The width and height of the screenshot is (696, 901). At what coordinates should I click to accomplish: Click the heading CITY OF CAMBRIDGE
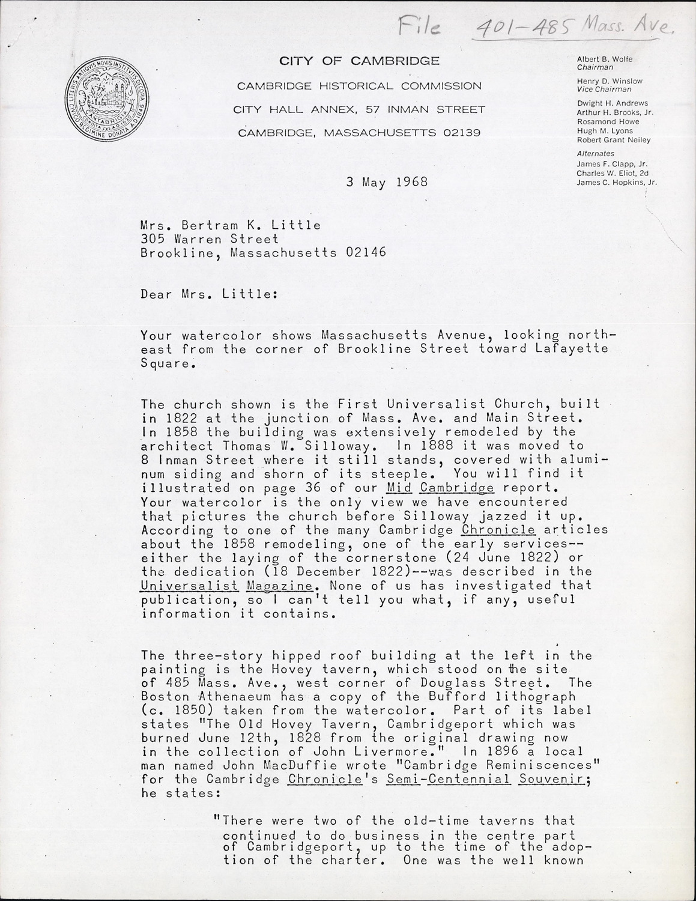coord(359,61)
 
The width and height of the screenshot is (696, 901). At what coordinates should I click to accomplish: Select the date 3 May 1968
coord(387,182)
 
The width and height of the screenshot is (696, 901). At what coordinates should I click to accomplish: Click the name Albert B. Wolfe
coord(604,59)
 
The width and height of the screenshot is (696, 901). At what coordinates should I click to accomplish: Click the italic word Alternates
coord(595,154)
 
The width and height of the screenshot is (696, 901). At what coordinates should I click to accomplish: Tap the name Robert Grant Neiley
coord(613,140)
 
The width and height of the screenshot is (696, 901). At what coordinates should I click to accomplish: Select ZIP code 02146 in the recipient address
coord(366,253)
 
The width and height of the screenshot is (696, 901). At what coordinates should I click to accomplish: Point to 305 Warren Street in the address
coord(210,239)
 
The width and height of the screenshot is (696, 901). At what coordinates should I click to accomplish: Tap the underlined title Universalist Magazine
coord(226,585)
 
